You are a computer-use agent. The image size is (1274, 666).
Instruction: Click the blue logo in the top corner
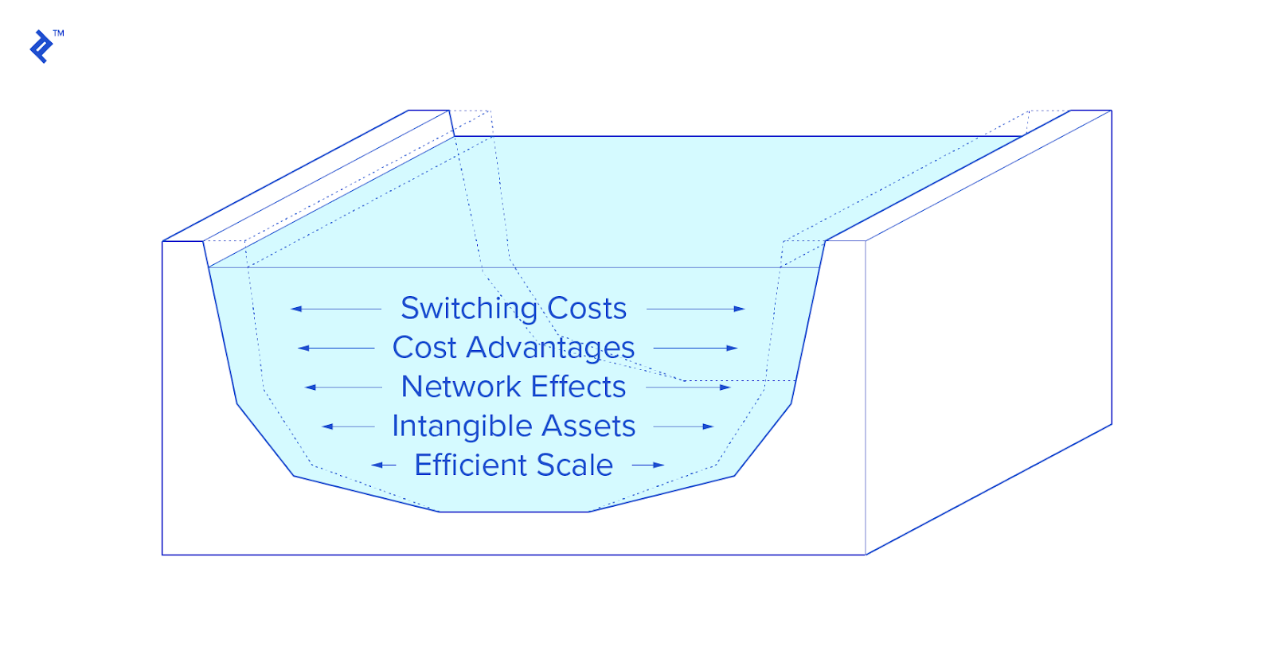(41, 47)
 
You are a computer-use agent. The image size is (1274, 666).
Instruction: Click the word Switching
(469, 309)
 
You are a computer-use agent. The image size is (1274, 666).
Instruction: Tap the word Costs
(587, 309)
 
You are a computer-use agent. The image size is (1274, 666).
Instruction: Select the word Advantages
(550, 349)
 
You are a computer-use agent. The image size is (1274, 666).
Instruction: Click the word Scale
(574, 465)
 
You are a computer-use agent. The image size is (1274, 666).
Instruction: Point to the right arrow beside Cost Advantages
(695, 348)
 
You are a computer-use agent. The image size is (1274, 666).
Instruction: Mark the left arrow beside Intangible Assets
(348, 426)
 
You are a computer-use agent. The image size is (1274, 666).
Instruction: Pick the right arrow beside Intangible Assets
(683, 426)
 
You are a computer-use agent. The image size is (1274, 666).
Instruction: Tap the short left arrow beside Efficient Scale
(384, 465)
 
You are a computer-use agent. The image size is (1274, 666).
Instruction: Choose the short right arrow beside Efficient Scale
(648, 465)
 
